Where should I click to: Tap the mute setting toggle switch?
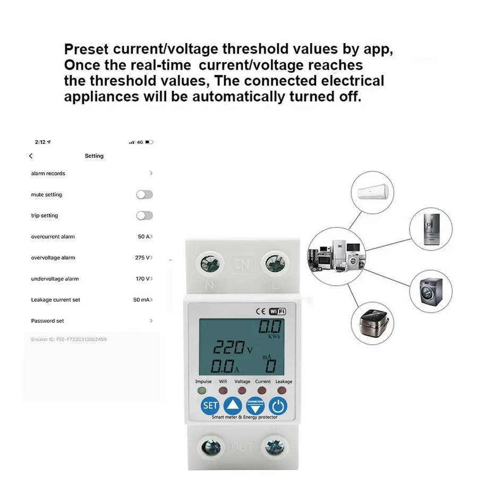(x=144, y=195)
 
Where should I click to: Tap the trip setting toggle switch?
(x=144, y=216)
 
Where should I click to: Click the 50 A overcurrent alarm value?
(x=144, y=237)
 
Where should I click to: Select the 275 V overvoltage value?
(x=142, y=258)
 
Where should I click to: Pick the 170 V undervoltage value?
(x=142, y=279)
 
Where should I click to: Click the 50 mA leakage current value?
(x=141, y=300)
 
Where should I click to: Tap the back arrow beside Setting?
(x=31, y=156)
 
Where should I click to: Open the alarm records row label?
(x=48, y=174)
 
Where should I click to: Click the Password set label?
(x=48, y=321)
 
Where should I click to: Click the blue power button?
(x=278, y=406)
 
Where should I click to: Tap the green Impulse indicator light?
(x=202, y=391)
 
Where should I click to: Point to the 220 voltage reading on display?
(x=229, y=348)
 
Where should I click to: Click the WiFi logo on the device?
(x=278, y=312)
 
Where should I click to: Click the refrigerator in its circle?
(x=431, y=229)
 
